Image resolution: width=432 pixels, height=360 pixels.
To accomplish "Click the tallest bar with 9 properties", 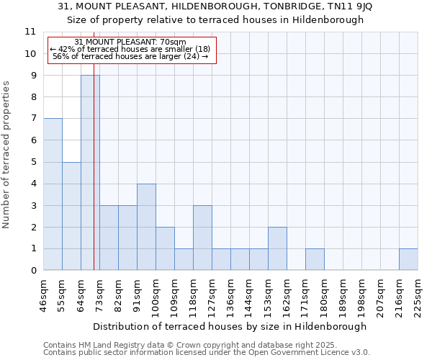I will (x=90, y=173).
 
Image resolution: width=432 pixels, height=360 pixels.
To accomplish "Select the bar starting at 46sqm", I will (x=53, y=194).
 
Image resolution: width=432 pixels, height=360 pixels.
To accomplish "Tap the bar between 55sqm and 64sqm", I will (x=71, y=216).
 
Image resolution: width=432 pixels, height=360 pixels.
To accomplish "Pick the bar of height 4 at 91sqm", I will (x=146, y=227).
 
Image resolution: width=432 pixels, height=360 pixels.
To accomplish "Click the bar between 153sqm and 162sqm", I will (x=277, y=248).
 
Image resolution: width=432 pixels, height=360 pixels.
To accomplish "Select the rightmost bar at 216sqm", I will (x=408, y=259).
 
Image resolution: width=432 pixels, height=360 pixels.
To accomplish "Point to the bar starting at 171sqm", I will (x=315, y=259).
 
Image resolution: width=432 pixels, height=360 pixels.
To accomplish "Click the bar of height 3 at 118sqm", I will (x=202, y=238).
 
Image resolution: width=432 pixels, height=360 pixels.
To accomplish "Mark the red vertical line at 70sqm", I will (x=94, y=180).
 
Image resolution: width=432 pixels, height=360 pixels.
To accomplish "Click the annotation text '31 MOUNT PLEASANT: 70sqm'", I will (x=130, y=42).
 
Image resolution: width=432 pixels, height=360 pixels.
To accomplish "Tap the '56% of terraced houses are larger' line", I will (x=130, y=56).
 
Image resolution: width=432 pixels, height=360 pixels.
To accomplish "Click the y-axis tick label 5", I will (x=32, y=162).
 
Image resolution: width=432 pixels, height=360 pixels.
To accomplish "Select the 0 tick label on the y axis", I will (x=32, y=271).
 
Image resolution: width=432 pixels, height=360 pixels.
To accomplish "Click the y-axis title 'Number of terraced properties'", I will (x=7, y=155).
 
